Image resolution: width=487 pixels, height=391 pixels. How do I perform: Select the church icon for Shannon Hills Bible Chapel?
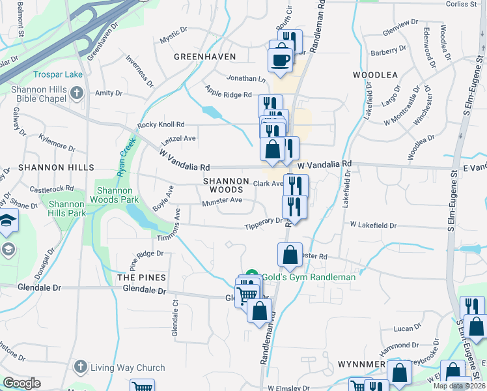click(77, 93)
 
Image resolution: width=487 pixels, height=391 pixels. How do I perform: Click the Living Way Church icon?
click(81, 367)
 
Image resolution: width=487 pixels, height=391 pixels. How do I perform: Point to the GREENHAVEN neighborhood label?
click(204, 57)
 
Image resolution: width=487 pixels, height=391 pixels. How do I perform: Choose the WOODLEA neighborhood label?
click(375, 75)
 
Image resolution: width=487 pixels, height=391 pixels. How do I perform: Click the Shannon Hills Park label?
click(67, 209)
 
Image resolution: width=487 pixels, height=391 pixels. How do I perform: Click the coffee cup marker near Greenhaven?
click(281, 59)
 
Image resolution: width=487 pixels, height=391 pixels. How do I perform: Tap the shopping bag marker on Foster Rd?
click(290, 254)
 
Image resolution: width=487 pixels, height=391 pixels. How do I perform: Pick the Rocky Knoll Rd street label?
click(161, 124)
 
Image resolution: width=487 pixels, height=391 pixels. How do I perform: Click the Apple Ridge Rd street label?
click(228, 94)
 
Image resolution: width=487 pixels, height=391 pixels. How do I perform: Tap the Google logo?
click(21, 383)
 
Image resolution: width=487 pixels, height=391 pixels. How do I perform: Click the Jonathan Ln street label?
click(246, 78)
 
